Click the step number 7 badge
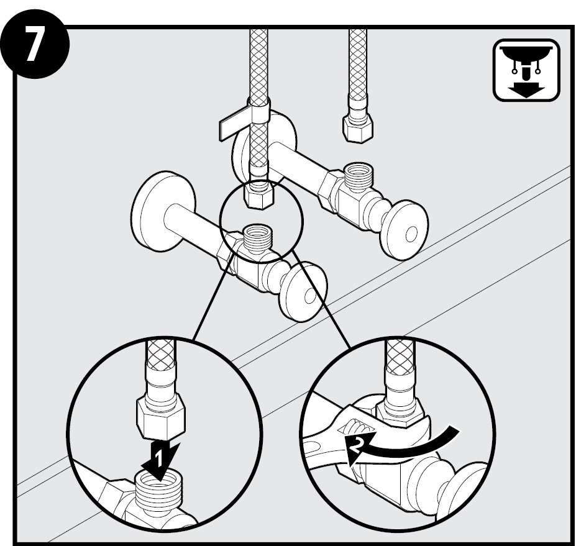coord(35,43)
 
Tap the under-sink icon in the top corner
coord(526,70)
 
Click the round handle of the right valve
coord(404,230)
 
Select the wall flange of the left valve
coord(162,211)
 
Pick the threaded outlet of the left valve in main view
coord(257,237)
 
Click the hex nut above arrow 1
coord(160,419)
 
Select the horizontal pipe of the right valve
coord(301,162)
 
